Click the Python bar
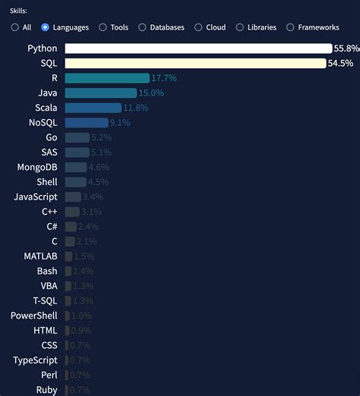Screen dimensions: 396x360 (x=198, y=49)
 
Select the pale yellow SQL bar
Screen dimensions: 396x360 (x=195, y=63)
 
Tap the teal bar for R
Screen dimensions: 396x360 (x=107, y=78)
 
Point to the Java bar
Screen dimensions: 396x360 (x=101, y=93)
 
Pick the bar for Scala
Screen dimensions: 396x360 (x=93, y=108)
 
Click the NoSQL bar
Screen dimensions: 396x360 (x=87, y=122)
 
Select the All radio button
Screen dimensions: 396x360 (x=15, y=27)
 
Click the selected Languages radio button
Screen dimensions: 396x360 (x=46, y=27)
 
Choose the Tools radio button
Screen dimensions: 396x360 (x=103, y=27)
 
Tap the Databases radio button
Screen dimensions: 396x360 (x=142, y=27)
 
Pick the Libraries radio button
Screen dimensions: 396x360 (x=240, y=27)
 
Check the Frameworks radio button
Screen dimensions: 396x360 (x=290, y=27)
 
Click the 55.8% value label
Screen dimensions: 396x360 (x=345, y=49)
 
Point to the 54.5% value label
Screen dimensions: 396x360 (x=340, y=63)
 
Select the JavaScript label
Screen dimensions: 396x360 (x=36, y=196)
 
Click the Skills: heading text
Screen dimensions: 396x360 (x=18, y=11)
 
